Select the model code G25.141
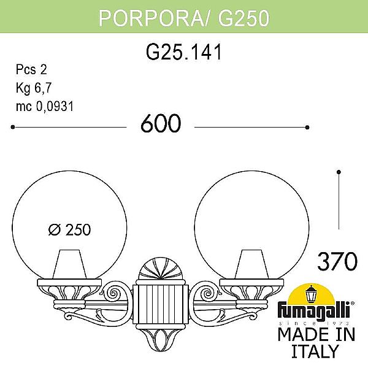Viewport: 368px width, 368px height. click(x=183, y=53)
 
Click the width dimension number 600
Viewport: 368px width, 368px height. click(x=161, y=125)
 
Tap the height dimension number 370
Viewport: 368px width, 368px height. click(x=337, y=262)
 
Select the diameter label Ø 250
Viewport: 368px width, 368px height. click(x=69, y=230)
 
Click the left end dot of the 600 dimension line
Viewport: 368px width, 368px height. click(x=13, y=128)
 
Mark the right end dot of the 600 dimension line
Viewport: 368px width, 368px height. click(x=307, y=128)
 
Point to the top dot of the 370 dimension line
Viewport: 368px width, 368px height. click(x=339, y=171)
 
